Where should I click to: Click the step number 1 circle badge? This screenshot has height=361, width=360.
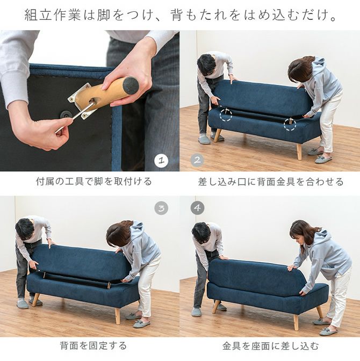(161, 161)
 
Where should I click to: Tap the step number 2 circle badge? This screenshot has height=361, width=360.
(197, 160)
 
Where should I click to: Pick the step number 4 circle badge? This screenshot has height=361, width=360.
(197, 208)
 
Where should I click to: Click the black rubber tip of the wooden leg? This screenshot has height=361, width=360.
(131, 85)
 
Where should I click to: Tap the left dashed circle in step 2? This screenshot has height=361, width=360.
(226, 114)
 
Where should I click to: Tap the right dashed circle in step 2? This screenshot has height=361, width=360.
(290, 124)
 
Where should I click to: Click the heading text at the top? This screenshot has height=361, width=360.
(180, 15)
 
